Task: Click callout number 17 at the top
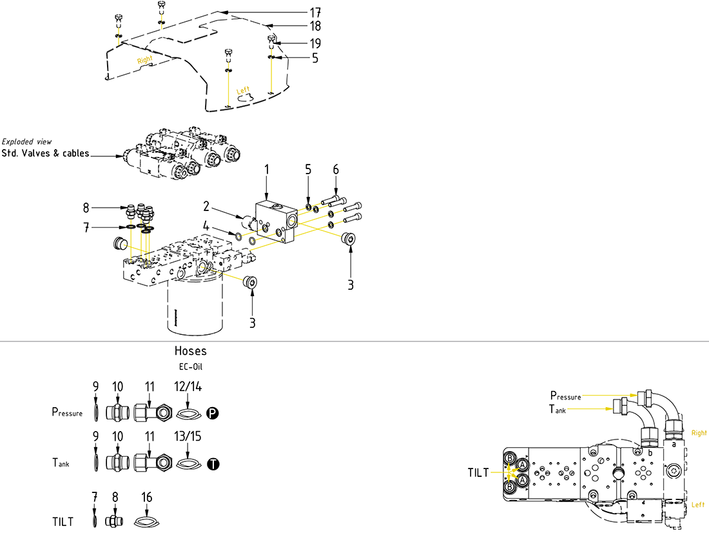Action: pyautogui.click(x=315, y=12)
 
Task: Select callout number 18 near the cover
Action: pyautogui.click(x=315, y=26)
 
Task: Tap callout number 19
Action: pyautogui.click(x=315, y=43)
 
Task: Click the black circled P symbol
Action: pyautogui.click(x=213, y=412)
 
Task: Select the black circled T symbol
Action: pyautogui.click(x=213, y=463)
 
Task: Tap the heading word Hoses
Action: pyautogui.click(x=191, y=351)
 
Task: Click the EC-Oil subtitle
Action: pyautogui.click(x=191, y=367)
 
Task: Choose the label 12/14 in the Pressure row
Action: pyautogui.click(x=188, y=386)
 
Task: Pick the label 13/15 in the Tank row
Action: pyautogui.click(x=188, y=437)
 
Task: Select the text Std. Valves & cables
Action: pyautogui.click(x=45, y=154)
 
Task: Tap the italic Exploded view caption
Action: pyautogui.click(x=27, y=141)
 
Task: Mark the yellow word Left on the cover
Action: pyautogui.click(x=243, y=91)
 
